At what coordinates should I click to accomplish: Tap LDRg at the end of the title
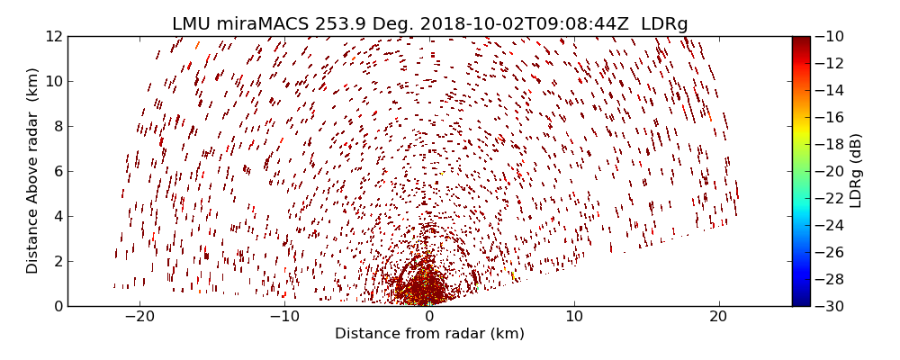664,23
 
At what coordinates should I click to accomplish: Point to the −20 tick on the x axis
139,317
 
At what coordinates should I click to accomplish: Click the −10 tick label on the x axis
284,317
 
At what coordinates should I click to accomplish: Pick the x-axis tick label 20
718,317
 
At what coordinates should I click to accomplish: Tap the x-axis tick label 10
573,317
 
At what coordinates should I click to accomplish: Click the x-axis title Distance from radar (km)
429,334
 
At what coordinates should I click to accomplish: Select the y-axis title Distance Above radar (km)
33,171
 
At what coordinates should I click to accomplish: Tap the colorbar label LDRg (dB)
856,171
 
